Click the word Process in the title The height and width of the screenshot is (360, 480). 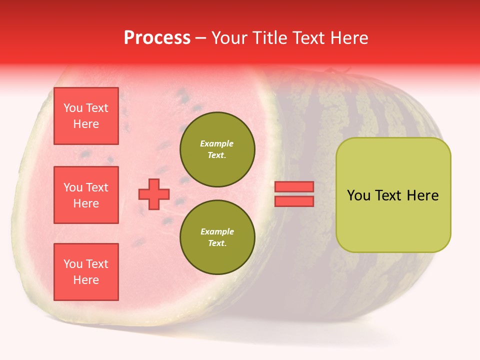coord(157,38)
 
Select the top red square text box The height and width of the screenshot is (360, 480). coord(86,116)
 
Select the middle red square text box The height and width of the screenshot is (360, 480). coord(86,195)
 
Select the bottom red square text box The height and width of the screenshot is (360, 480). coord(86,271)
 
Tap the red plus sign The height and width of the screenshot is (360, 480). coord(154,194)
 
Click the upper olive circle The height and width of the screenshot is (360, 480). coord(217,149)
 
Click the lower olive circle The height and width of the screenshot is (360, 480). coord(217,237)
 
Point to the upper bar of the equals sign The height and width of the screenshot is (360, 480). coord(294,187)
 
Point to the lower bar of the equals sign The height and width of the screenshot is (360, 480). coord(294,201)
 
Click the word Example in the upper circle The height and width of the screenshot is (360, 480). coord(216,144)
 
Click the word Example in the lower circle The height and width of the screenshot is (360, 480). coord(217,232)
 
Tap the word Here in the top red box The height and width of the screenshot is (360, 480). coord(86,124)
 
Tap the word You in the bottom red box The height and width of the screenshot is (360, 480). coord(73,264)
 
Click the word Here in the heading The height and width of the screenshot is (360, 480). coord(349,38)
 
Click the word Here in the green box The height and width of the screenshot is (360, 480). coord(422,195)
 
